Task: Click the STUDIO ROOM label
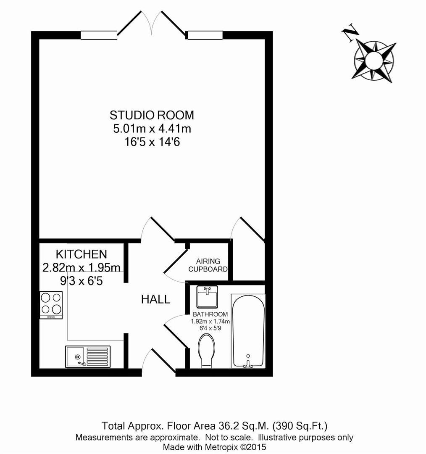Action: click(152, 115)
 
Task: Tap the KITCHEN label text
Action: click(82, 254)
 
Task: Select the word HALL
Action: click(155, 299)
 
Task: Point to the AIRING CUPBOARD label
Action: click(208, 265)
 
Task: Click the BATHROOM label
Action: click(210, 314)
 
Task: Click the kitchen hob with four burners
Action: click(51, 305)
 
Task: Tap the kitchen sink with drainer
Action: click(88, 357)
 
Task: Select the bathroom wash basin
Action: click(207, 297)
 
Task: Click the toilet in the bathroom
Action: click(206, 351)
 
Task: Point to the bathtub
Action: click(248, 331)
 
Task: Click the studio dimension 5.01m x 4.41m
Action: click(152, 129)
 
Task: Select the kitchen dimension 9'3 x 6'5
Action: click(82, 281)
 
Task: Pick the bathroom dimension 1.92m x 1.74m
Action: click(210, 322)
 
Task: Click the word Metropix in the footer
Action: click(221, 447)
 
